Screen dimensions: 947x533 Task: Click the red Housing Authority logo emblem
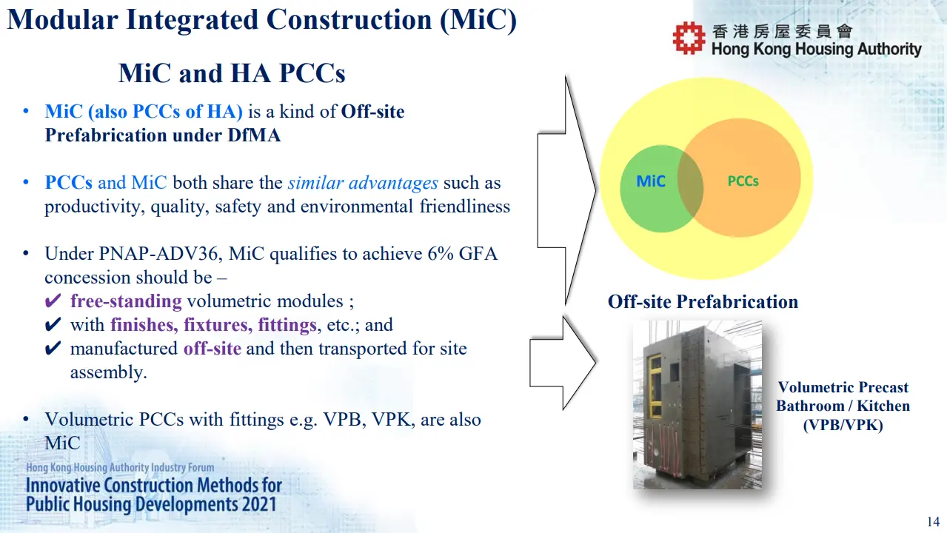(689, 38)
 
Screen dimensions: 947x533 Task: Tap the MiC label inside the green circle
(651, 181)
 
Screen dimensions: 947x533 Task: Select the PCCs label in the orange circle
(743, 181)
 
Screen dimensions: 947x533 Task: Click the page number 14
(933, 522)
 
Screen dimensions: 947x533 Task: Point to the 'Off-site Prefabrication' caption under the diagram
(703, 302)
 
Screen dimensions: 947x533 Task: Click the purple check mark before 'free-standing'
(53, 301)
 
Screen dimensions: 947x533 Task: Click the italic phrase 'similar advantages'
(363, 183)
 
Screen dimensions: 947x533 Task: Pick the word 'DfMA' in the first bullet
(254, 135)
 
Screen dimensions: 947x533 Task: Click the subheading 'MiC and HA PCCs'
(232, 73)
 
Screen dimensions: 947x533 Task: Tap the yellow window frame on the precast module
(655, 386)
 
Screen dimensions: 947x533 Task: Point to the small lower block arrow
(563, 363)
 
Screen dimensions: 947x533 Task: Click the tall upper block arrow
(566, 190)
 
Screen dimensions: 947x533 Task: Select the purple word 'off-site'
(213, 349)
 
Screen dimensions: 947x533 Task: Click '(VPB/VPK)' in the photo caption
(843, 425)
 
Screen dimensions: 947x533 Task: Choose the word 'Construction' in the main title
(349, 20)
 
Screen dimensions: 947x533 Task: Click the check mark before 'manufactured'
(53, 348)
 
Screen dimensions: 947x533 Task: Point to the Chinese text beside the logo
(782, 31)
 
